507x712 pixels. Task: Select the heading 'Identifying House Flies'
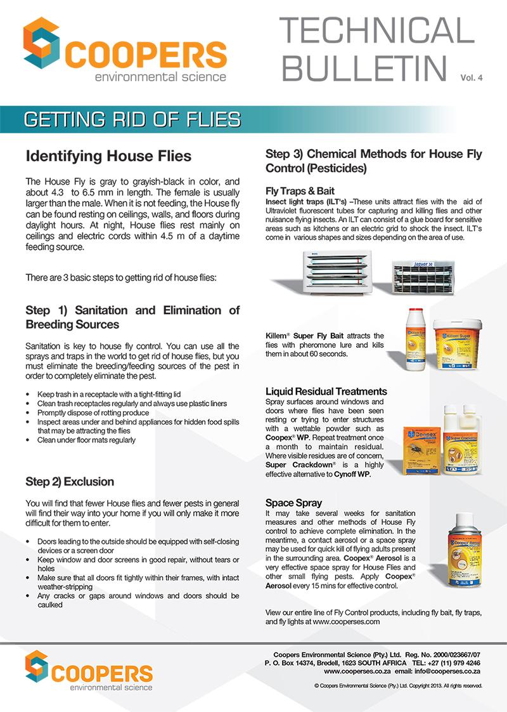[x=108, y=156]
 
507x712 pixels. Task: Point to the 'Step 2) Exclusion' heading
[x=70, y=481]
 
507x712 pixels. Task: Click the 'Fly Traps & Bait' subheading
[x=300, y=191]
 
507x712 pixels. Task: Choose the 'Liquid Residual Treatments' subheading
[x=326, y=391]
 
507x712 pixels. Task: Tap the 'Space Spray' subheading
[x=294, y=503]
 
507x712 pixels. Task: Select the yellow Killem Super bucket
[x=459, y=343]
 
